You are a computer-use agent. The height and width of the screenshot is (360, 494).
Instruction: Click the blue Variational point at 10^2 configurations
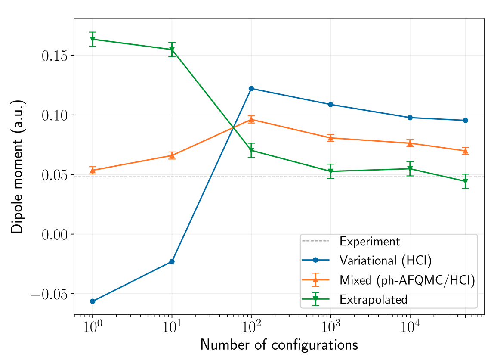pos(251,88)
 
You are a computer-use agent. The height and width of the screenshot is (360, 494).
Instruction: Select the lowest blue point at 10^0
pos(93,301)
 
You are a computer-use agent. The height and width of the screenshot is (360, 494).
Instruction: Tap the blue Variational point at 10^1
pos(172,261)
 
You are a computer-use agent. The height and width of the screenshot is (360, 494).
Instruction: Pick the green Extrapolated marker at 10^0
pos(93,39)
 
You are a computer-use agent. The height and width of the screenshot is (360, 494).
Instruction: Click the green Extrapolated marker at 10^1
pos(172,50)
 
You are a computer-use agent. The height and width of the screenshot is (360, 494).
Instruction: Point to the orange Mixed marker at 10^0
pos(93,170)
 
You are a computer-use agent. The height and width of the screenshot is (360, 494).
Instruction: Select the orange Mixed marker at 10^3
pos(330,138)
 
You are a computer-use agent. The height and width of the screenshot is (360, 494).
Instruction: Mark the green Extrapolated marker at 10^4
pos(410,169)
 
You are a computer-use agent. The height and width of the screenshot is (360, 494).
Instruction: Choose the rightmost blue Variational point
pos(465,120)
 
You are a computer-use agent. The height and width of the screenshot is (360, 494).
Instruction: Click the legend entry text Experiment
pos(370,241)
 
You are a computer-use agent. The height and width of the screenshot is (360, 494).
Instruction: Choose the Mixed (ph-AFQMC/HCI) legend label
pos(407,280)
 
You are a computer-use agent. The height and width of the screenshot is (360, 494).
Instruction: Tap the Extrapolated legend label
pos(373,299)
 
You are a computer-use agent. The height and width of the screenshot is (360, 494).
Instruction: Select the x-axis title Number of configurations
pos(279,345)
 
